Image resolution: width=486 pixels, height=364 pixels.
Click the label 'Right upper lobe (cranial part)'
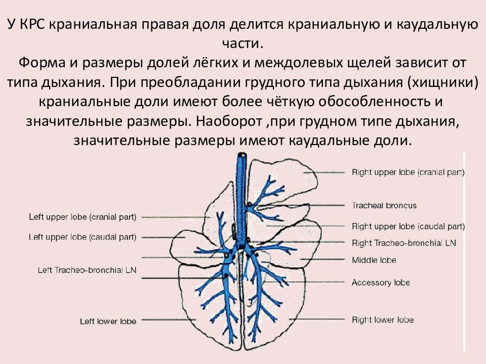(408, 172)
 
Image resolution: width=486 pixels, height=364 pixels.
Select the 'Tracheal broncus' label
(384, 206)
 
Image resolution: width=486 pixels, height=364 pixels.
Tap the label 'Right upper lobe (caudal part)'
(408, 226)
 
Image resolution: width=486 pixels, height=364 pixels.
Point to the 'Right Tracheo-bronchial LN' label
(403, 243)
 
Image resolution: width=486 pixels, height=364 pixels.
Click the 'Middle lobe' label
(374, 260)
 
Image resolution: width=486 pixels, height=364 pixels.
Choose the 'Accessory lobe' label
(381, 283)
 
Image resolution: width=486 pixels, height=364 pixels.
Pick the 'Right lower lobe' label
(382, 320)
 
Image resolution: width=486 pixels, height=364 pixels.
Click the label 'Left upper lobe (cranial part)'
(83, 217)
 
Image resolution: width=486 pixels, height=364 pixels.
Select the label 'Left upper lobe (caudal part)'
(83, 237)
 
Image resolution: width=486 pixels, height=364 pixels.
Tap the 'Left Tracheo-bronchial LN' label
(87, 270)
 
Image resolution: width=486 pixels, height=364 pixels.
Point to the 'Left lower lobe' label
(108, 321)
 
